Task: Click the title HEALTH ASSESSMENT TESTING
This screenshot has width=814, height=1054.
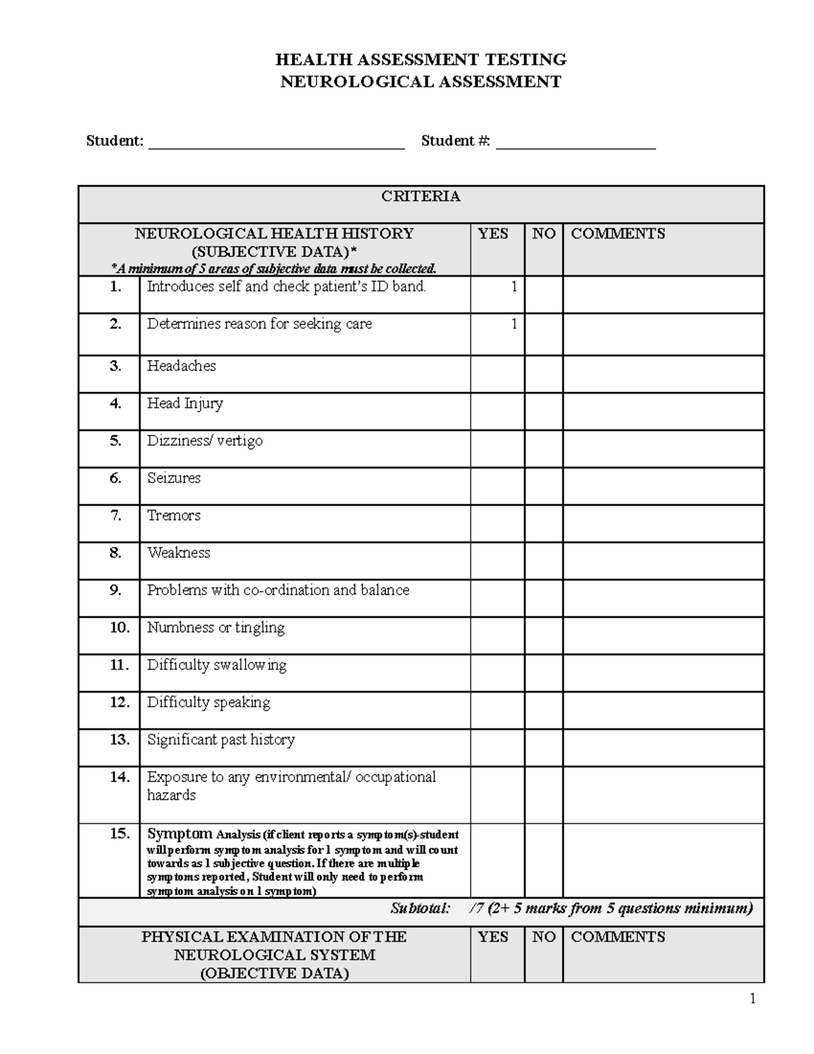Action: pos(421,60)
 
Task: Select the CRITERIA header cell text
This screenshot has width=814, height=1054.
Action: pos(421,197)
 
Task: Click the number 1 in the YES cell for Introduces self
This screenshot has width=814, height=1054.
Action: pos(514,287)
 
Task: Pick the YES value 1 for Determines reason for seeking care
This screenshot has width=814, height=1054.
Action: pos(514,324)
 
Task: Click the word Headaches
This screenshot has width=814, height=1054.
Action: pos(181,366)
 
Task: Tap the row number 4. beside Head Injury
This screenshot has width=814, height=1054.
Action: pos(115,404)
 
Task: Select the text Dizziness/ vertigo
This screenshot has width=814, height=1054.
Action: pos(205,441)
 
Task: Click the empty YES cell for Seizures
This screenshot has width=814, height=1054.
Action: pos(497,486)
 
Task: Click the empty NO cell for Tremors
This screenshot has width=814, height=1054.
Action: pos(543,523)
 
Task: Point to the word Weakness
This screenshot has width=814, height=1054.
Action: pos(178,553)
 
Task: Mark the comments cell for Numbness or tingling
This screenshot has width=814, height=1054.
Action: pos(663,635)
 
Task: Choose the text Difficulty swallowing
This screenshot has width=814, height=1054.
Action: pos(216,665)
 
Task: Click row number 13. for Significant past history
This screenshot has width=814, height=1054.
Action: pos(119,740)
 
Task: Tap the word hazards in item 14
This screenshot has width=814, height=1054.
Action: pos(171,795)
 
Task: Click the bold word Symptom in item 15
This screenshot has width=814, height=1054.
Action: pos(179,833)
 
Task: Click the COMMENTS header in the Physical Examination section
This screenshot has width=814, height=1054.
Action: pos(617,937)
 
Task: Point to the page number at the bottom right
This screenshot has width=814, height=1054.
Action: pos(752,998)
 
